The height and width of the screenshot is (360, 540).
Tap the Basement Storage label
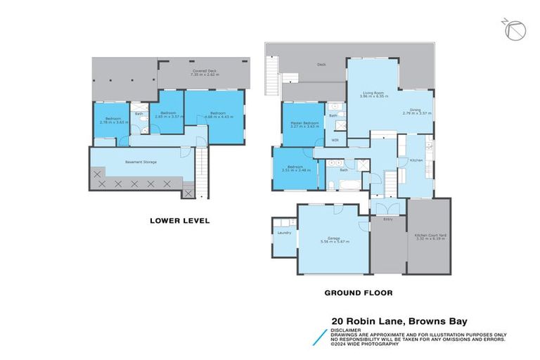tap(141, 162)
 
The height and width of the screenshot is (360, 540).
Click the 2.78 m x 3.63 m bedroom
tap(113, 120)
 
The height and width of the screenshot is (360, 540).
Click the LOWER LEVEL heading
tap(179, 220)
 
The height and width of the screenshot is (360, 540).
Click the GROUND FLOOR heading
tap(358, 292)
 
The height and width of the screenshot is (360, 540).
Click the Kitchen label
tap(415, 160)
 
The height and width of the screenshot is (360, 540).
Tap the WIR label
tap(335, 140)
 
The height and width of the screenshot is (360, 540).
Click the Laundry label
tap(284, 232)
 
